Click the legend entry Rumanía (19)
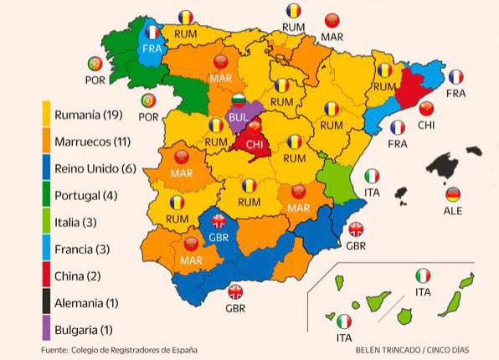(x=89, y=114)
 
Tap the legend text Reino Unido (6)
(x=95, y=168)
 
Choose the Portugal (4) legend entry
(x=88, y=195)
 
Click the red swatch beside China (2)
(x=46, y=276)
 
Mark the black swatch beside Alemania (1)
(x=46, y=303)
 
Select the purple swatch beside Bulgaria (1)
(x=46, y=330)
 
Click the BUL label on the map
(x=239, y=119)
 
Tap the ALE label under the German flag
(x=453, y=211)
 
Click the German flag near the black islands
(x=453, y=195)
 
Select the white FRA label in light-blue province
(x=152, y=49)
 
